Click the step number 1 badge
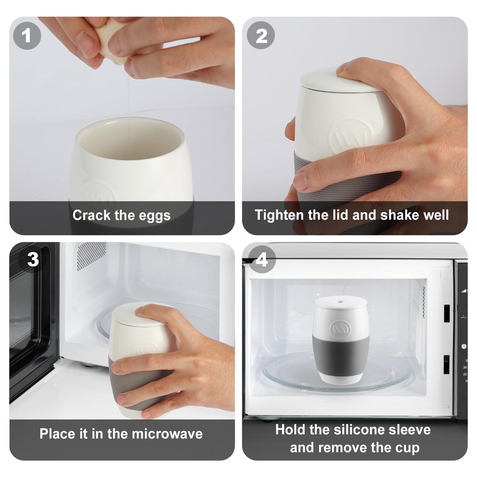click(27, 36)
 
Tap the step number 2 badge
click(261, 36)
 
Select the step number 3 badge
click(33, 259)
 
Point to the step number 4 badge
click(261, 260)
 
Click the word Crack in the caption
click(91, 215)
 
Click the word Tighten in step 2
click(279, 215)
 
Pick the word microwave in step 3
click(167, 434)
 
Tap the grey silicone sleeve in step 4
click(341, 358)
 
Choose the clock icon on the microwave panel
click(464, 346)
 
